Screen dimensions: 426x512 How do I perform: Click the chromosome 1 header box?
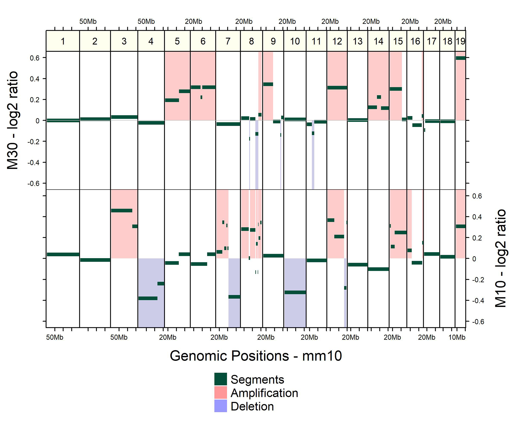point(63,41)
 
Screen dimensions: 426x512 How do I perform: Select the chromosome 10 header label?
point(295,41)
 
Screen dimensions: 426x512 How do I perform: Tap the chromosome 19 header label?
point(460,41)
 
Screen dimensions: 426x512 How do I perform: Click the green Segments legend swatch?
point(220,379)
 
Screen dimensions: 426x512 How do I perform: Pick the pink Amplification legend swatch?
point(220,393)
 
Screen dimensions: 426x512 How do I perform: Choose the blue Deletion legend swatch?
point(220,406)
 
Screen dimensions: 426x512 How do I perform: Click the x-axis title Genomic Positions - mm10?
point(256,356)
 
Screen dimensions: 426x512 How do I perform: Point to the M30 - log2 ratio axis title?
point(12,120)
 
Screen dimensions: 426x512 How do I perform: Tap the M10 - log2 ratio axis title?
point(500,258)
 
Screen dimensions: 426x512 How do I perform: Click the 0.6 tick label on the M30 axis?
point(35,58)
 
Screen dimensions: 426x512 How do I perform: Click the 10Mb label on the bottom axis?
point(457,337)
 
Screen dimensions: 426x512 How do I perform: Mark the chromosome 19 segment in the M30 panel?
point(461,58)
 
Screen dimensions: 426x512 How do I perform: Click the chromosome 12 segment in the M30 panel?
point(337,88)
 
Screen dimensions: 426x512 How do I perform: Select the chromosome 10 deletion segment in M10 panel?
point(295,292)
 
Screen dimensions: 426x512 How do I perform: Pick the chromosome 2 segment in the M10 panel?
point(95,260)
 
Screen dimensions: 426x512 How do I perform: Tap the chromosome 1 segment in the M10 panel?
point(63,254)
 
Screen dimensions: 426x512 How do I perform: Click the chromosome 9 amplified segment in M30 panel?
point(268,84)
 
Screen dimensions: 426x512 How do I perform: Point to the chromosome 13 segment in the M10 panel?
point(358,264)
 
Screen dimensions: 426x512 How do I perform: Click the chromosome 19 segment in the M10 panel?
point(461,226)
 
